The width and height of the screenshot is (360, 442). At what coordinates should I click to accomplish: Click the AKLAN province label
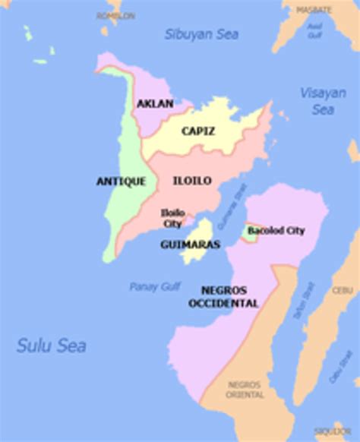tap(155, 103)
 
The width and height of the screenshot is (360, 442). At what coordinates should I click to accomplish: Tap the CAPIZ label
tap(197, 131)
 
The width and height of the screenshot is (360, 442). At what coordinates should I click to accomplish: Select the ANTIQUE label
tap(121, 181)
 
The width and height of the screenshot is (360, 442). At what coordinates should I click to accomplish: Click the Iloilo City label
tap(172, 218)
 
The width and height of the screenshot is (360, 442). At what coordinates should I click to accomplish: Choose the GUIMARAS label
tap(190, 245)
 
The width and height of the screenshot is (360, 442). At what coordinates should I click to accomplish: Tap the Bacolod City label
tap(276, 230)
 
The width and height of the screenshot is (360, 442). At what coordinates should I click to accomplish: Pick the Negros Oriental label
tap(245, 390)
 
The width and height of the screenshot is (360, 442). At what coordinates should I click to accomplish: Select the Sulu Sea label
tap(51, 346)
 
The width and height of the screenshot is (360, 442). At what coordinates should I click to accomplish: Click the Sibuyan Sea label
tap(201, 34)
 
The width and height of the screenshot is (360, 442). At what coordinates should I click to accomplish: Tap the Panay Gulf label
tap(154, 286)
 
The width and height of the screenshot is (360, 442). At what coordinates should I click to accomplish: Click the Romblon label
tap(115, 15)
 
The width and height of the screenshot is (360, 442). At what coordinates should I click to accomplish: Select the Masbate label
tap(314, 10)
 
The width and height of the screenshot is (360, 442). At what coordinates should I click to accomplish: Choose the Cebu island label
tap(342, 290)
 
